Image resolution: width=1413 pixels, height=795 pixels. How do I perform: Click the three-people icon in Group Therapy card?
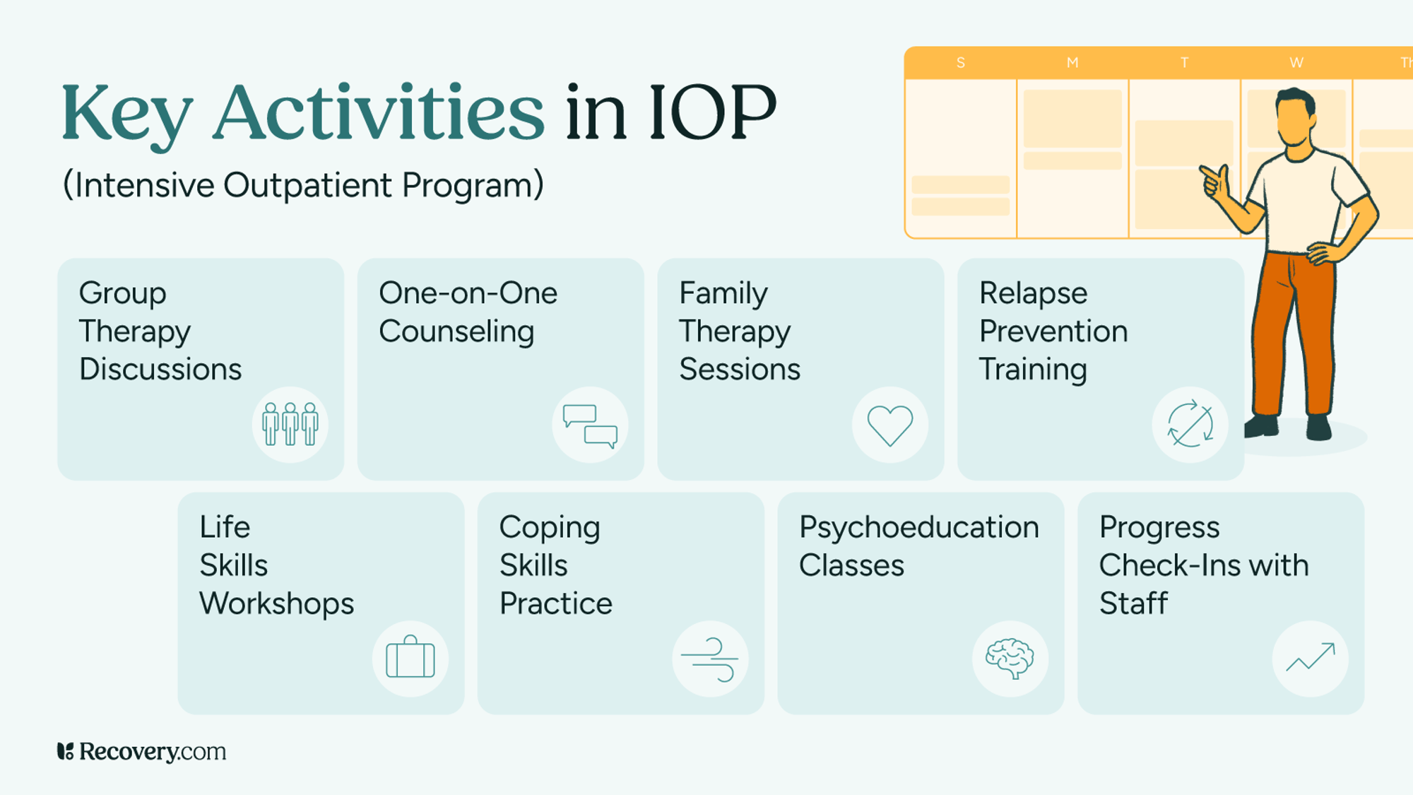[290, 425]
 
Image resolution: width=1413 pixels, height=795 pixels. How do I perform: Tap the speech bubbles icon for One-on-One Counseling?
[590, 425]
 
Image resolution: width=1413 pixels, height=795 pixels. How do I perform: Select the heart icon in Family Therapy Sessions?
[890, 425]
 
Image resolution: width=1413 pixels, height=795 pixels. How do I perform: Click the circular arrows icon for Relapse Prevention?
[1190, 425]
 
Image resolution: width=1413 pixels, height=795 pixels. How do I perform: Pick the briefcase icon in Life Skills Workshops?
[410, 659]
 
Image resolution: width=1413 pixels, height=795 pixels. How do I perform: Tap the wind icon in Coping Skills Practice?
[710, 659]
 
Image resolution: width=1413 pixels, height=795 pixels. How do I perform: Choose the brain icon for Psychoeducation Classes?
[1010, 659]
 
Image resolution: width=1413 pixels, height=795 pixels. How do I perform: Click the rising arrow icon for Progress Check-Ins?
[1311, 659]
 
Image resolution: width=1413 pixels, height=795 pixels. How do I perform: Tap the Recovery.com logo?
[141, 751]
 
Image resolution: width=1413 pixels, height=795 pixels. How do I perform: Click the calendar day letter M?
[1072, 63]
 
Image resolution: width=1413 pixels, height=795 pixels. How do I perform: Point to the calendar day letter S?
[961, 63]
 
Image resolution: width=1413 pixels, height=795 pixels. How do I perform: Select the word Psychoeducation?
[918, 528]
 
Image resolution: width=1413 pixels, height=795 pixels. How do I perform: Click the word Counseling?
[456, 332]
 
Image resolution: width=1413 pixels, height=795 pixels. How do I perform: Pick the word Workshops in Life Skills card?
[276, 604]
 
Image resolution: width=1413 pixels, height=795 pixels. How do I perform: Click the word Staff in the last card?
[1133, 604]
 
